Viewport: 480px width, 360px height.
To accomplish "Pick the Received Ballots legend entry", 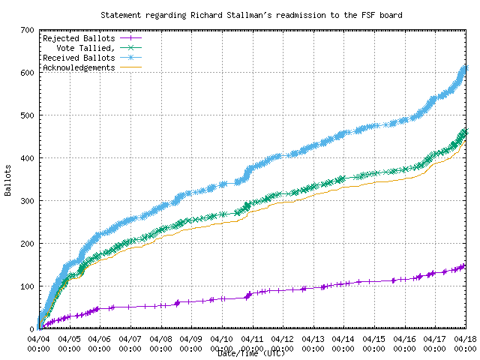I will click(x=79, y=58).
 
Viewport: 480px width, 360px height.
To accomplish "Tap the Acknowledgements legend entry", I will click(x=79, y=67).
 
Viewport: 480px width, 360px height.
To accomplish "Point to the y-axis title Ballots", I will click(x=7, y=180).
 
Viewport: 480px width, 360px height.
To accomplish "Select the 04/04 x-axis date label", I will click(x=39, y=339).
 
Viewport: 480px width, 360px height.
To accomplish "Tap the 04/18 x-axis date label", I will click(x=466, y=339).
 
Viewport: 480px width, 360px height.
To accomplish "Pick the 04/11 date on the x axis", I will click(x=253, y=339).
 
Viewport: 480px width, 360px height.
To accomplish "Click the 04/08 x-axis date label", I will click(x=161, y=339).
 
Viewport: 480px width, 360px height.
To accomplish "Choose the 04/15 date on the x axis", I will click(x=375, y=339).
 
